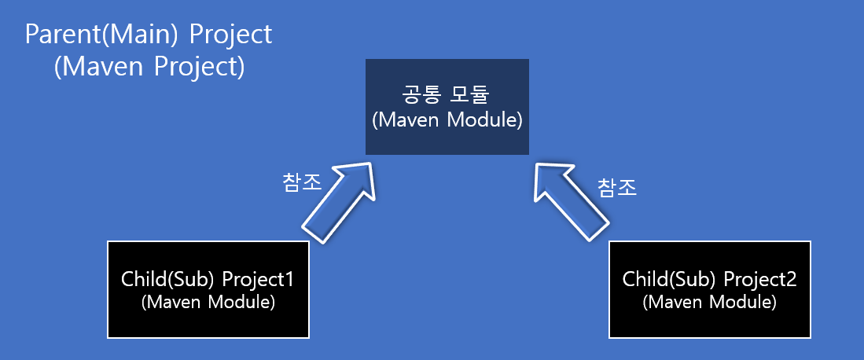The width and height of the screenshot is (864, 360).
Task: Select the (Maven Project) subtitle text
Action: click(x=149, y=67)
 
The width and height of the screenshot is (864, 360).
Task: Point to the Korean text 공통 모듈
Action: click(x=447, y=96)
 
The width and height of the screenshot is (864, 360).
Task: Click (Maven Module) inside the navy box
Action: click(x=447, y=120)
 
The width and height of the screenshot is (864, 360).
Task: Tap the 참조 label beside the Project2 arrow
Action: click(x=616, y=187)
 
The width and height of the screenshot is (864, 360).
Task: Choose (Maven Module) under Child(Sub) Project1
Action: click(x=208, y=302)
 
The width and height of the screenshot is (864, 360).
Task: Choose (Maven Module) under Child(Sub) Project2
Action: click(x=709, y=302)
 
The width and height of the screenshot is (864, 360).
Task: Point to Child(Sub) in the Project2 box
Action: click(x=669, y=280)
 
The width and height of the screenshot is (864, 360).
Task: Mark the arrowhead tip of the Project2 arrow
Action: click(x=536, y=164)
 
